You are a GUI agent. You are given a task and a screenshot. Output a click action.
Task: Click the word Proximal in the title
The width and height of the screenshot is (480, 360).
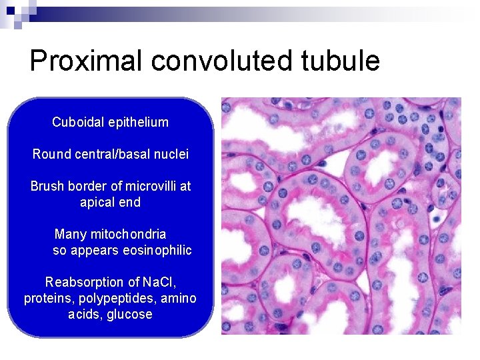(x=86, y=61)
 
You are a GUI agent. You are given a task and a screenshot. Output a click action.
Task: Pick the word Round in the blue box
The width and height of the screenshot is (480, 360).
(x=49, y=154)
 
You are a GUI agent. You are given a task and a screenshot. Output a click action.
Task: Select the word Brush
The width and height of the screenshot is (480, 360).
(x=47, y=186)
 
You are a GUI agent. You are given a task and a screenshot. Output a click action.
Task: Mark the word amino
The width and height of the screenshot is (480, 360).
(x=180, y=298)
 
